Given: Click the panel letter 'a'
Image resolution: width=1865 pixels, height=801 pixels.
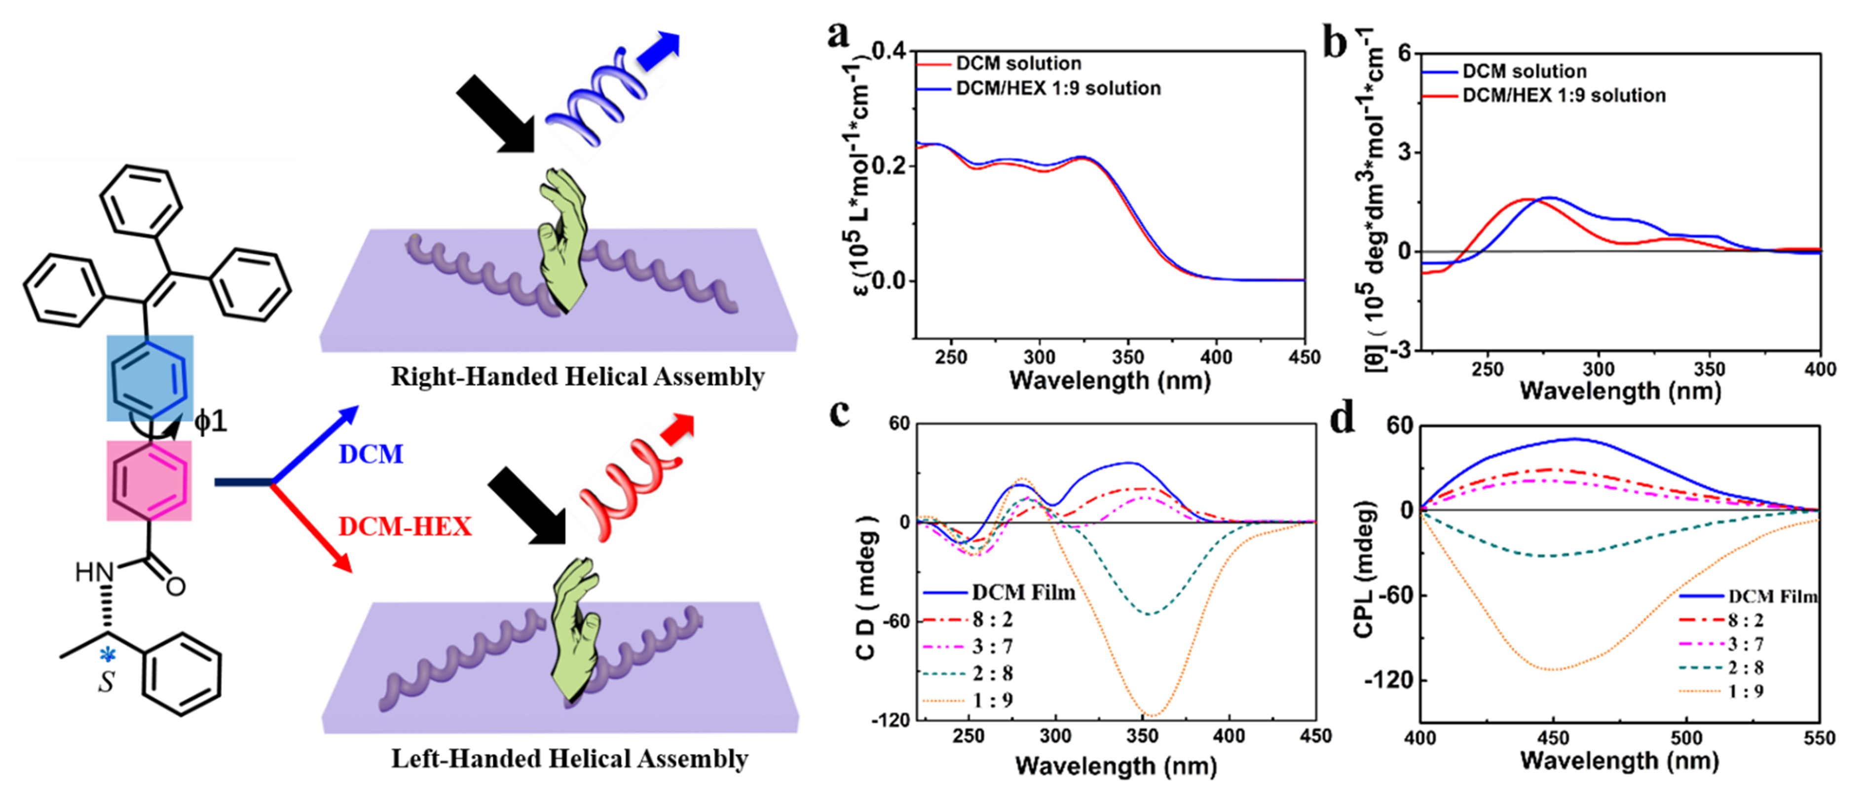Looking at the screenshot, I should coord(839,34).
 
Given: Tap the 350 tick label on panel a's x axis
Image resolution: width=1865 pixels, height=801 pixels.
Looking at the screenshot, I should coord(1128,357).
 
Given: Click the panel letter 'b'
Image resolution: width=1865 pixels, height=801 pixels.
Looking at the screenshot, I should coord(1334,43).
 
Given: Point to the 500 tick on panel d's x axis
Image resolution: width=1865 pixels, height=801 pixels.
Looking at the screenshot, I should coord(1687,737).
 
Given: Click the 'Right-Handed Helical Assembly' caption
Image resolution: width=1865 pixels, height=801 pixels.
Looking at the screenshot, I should coord(578,376).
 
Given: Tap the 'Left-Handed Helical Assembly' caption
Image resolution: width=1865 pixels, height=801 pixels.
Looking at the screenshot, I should coord(570,758).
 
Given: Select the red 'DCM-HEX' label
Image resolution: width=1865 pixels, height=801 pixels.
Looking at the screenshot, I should coord(405,526).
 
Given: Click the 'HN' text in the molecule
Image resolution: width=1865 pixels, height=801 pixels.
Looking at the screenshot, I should coord(94,572).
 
